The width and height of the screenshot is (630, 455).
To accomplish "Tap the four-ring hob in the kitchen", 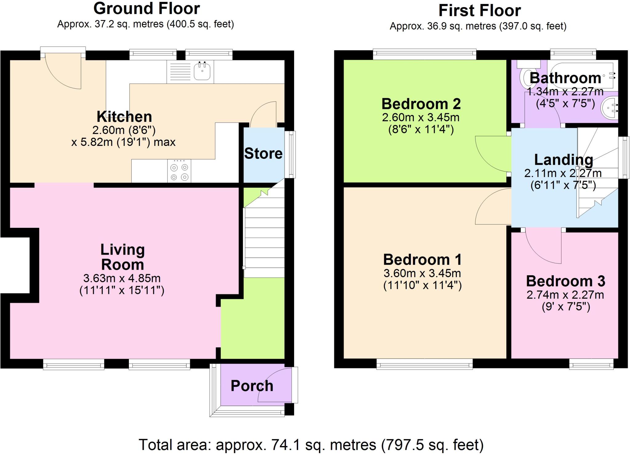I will pos(179,171).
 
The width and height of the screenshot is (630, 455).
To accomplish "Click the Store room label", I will pos(263,153).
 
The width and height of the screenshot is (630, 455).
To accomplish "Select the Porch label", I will pos(252,386).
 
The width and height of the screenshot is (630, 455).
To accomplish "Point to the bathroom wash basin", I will pos(610,107).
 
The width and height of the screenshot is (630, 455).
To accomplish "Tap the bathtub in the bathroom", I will pos(581,74).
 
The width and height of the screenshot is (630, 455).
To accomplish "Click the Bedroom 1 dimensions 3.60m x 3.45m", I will pos(422,273).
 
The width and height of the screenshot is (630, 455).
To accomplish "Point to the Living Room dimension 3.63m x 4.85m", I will pos(122,278).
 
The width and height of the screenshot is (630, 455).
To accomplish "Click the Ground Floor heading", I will pos(146,9).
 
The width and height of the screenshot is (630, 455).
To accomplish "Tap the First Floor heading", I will pos(479,10).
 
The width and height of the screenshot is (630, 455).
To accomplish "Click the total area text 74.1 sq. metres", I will pos(311,445).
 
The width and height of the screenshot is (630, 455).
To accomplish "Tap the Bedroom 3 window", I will pos(591,365).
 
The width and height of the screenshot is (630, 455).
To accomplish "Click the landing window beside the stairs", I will pos(624,158).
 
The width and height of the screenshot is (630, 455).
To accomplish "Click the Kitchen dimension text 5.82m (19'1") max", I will pos(123,142).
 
